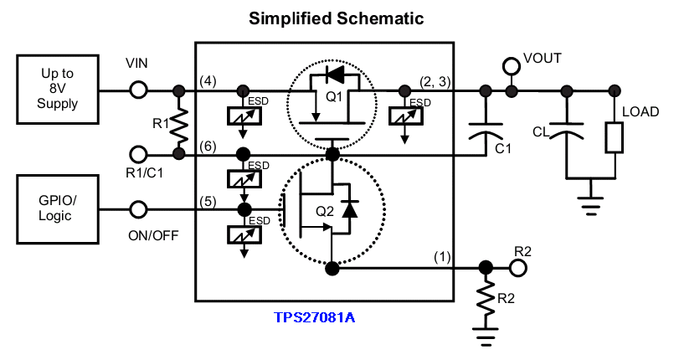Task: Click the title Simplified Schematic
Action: tap(336, 18)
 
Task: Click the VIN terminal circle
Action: tap(139, 91)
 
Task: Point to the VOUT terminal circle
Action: tap(512, 66)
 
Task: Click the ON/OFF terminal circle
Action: tap(139, 209)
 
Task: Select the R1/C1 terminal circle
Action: tap(139, 154)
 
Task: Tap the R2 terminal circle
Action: tap(518, 268)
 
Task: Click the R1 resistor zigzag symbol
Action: tap(179, 126)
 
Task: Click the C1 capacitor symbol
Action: tap(486, 131)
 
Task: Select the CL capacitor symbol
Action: tap(567, 131)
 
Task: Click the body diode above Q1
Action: tap(334, 75)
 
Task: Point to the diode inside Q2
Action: tap(349, 208)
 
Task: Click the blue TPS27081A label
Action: tap(315, 317)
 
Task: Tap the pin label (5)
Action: tap(208, 202)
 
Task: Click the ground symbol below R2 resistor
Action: tap(486, 337)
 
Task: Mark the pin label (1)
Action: tap(442, 257)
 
